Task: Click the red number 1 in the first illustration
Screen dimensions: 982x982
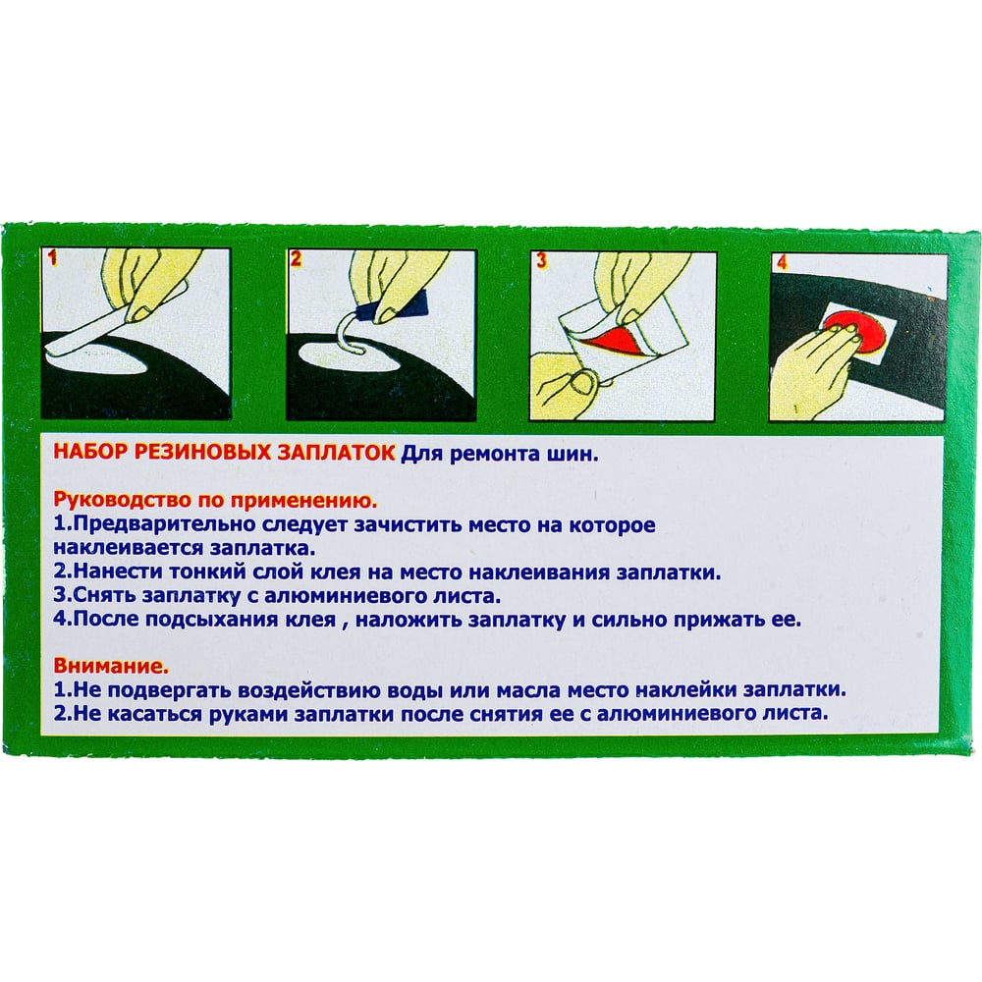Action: click(x=53, y=256)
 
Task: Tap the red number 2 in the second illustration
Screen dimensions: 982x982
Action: click(x=297, y=258)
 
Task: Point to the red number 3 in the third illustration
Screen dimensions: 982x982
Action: click(x=542, y=260)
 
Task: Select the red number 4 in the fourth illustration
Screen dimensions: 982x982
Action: click(x=782, y=261)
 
